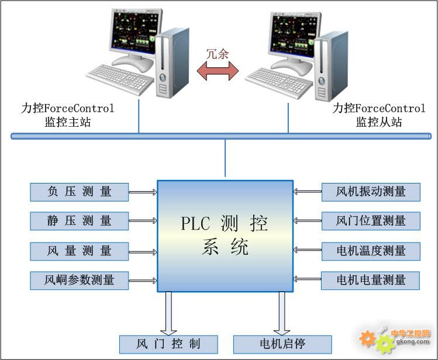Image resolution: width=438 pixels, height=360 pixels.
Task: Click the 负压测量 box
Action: coord(80,191)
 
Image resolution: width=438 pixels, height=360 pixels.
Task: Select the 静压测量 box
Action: coord(80,220)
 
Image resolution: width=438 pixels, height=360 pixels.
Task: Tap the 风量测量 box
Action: coord(80,251)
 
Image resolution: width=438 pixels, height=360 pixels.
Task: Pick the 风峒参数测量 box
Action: coord(80,280)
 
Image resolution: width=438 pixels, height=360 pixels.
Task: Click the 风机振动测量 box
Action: coord(371,191)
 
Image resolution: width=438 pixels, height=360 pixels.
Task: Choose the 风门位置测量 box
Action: coord(371,220)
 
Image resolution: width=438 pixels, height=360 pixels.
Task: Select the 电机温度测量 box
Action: coord(371,251)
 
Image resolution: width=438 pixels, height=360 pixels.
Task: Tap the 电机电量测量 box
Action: coord(371,280)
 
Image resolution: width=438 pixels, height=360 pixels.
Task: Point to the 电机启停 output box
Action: coord(282,343)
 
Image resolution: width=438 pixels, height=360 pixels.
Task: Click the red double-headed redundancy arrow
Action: coord(218,71)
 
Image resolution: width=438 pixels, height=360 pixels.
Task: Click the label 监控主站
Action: coord(68,122)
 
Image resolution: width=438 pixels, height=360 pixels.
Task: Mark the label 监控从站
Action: coord(379,122)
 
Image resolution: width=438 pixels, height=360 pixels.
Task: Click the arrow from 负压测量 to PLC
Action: coord(143,191)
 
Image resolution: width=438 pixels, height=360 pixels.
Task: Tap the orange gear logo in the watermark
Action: coord(367,337)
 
